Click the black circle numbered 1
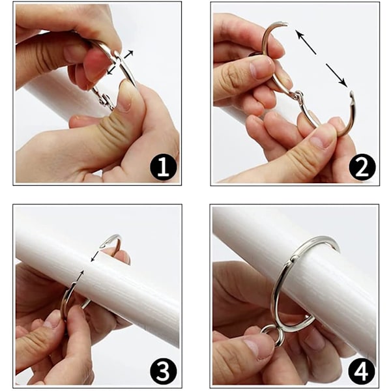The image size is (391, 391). (164, 167)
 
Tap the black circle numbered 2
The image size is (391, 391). (362, 167)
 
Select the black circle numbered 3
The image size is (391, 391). (164, 371)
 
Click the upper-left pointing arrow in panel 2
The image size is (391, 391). (306, 42)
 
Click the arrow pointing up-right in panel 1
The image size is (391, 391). (128, 54)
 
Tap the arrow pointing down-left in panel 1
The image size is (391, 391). (111, 69)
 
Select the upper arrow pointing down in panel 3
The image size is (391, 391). (94, 257)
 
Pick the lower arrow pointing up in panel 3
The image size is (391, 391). (80, 276)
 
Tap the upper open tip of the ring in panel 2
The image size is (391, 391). (286, 24)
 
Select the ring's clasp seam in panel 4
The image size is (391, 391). (294, 257)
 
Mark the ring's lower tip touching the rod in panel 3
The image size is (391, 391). (74, 284)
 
